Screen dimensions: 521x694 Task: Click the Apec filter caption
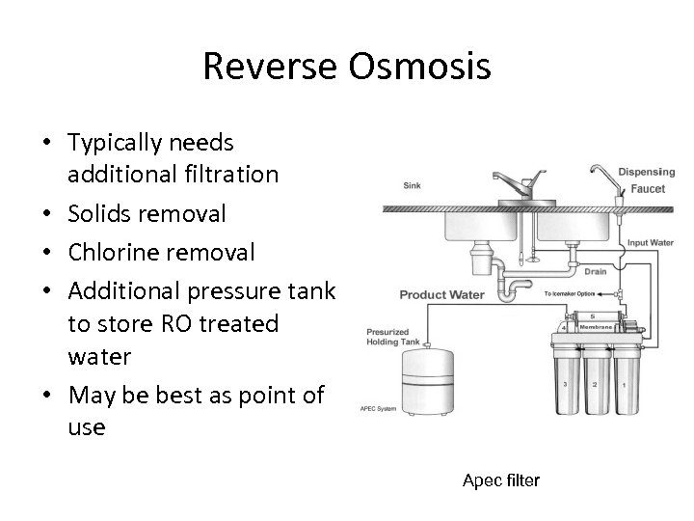[x=501, y=480]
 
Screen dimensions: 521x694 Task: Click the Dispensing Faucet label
[x=646, y=179]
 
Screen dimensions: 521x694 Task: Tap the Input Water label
[x=652, y=242]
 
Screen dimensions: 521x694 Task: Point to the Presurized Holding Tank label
[x=393, y=338]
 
